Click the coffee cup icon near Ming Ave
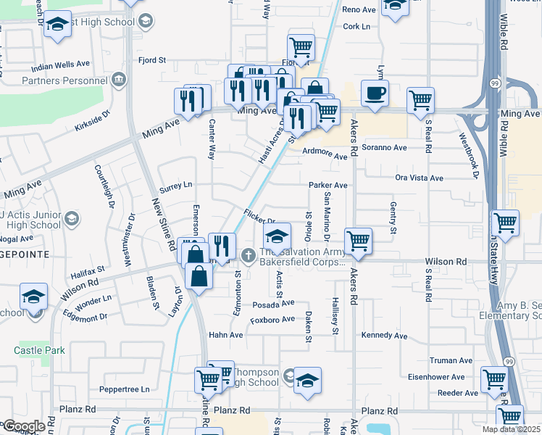coord(375,94)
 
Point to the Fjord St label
coord(152,60)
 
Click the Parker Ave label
coord(328,185)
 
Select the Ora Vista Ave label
coord(419,178)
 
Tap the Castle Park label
coord(39,350)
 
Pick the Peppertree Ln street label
coord(125,389)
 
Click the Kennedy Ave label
coord(384,336)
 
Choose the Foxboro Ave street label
coord(272,319)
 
